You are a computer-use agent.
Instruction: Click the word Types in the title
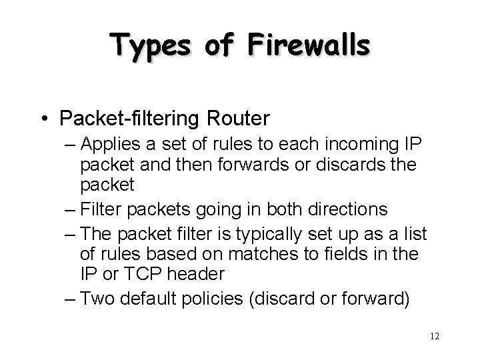[154, 46]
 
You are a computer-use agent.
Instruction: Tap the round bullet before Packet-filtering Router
[45, 119]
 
